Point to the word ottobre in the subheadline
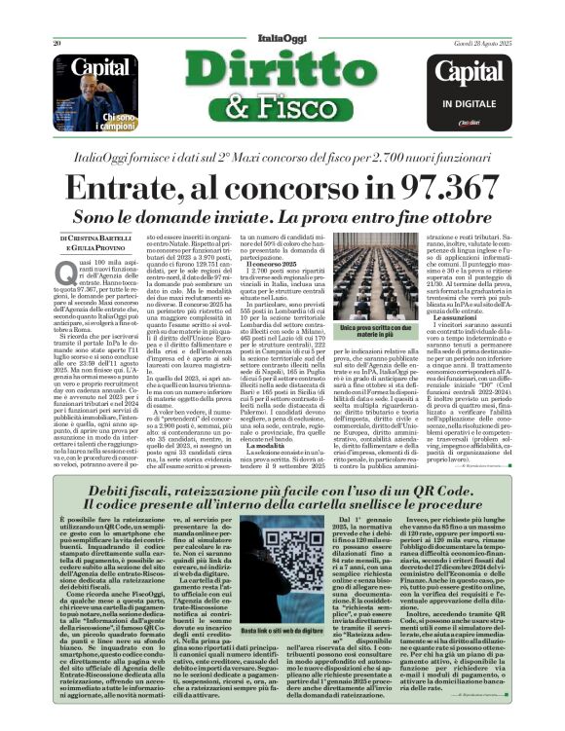[418, 211]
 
